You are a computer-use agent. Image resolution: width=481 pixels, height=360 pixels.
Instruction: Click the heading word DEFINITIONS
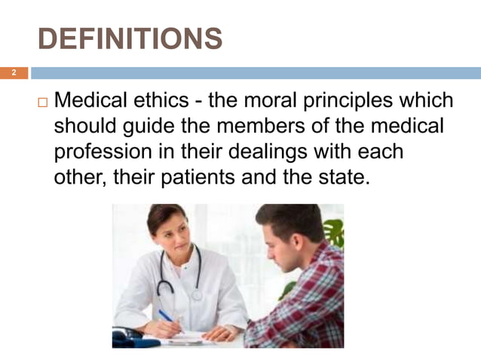coord(130,38)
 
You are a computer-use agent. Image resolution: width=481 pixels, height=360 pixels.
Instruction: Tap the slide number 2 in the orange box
coord(13,73)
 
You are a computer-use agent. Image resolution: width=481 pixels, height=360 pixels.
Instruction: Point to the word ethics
coord(166,100)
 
